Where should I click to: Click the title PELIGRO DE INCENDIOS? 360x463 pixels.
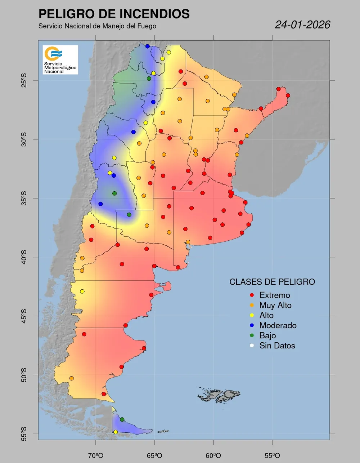click(x=114, y=14)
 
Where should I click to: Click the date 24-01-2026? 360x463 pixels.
click(x=302, y=25)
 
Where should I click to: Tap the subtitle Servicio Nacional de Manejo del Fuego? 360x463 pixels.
click(x=97, y=26)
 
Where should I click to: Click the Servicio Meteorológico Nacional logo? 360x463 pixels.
click(x=60, y=59)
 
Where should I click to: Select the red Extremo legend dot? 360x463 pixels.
click(x=252, y=295)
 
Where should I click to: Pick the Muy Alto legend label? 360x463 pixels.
click(x=275, y=306)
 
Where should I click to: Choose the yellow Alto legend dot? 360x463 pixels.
click(x=252, y=316)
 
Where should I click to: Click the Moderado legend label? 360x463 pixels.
click(x=278, y=326)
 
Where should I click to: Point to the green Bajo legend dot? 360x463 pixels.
click(x=252, y=336)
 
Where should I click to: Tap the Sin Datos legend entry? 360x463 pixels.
click(x=277, y=346)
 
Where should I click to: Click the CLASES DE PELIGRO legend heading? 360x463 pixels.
click(x=272, y=282)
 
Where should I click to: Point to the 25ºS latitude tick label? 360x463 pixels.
click(x=24, y=80)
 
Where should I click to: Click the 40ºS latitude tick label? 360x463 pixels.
click(x=24, y=257)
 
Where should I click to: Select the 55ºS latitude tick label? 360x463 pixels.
click(x=24, y=434)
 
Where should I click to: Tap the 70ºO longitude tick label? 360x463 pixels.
click(x=96, y=455)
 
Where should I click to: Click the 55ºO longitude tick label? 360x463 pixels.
click(x=273, y=455)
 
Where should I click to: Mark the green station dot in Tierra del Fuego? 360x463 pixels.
click(x=122, y=419)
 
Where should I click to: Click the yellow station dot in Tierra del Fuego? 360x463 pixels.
click(x=116, y=432)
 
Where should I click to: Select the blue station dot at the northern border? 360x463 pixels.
click(x=148, y=46)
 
